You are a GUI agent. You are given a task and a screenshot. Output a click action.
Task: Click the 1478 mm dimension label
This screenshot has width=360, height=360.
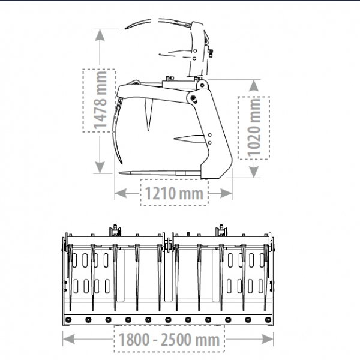coord(100,100)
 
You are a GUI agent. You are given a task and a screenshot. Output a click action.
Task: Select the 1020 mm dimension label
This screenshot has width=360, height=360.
coord(254,128)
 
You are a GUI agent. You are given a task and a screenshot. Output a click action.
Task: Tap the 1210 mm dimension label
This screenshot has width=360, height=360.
coord(174,193)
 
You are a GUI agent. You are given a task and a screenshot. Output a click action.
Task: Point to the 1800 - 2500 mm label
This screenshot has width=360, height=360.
coord(169,339)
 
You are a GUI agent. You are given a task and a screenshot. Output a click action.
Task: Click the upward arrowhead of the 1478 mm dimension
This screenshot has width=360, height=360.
coord(100,35)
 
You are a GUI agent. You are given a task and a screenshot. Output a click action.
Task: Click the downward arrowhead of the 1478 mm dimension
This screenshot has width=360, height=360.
coord(100,167)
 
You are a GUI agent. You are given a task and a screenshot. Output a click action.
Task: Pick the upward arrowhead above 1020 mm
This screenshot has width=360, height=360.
coord(254,86)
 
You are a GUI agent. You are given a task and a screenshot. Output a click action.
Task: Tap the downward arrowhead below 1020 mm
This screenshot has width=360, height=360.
coord(254,171)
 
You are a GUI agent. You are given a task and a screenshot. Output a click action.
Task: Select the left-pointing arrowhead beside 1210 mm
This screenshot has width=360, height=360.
coord(121,193)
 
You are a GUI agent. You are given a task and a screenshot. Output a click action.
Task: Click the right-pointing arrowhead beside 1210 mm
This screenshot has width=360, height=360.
coord(226,193)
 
